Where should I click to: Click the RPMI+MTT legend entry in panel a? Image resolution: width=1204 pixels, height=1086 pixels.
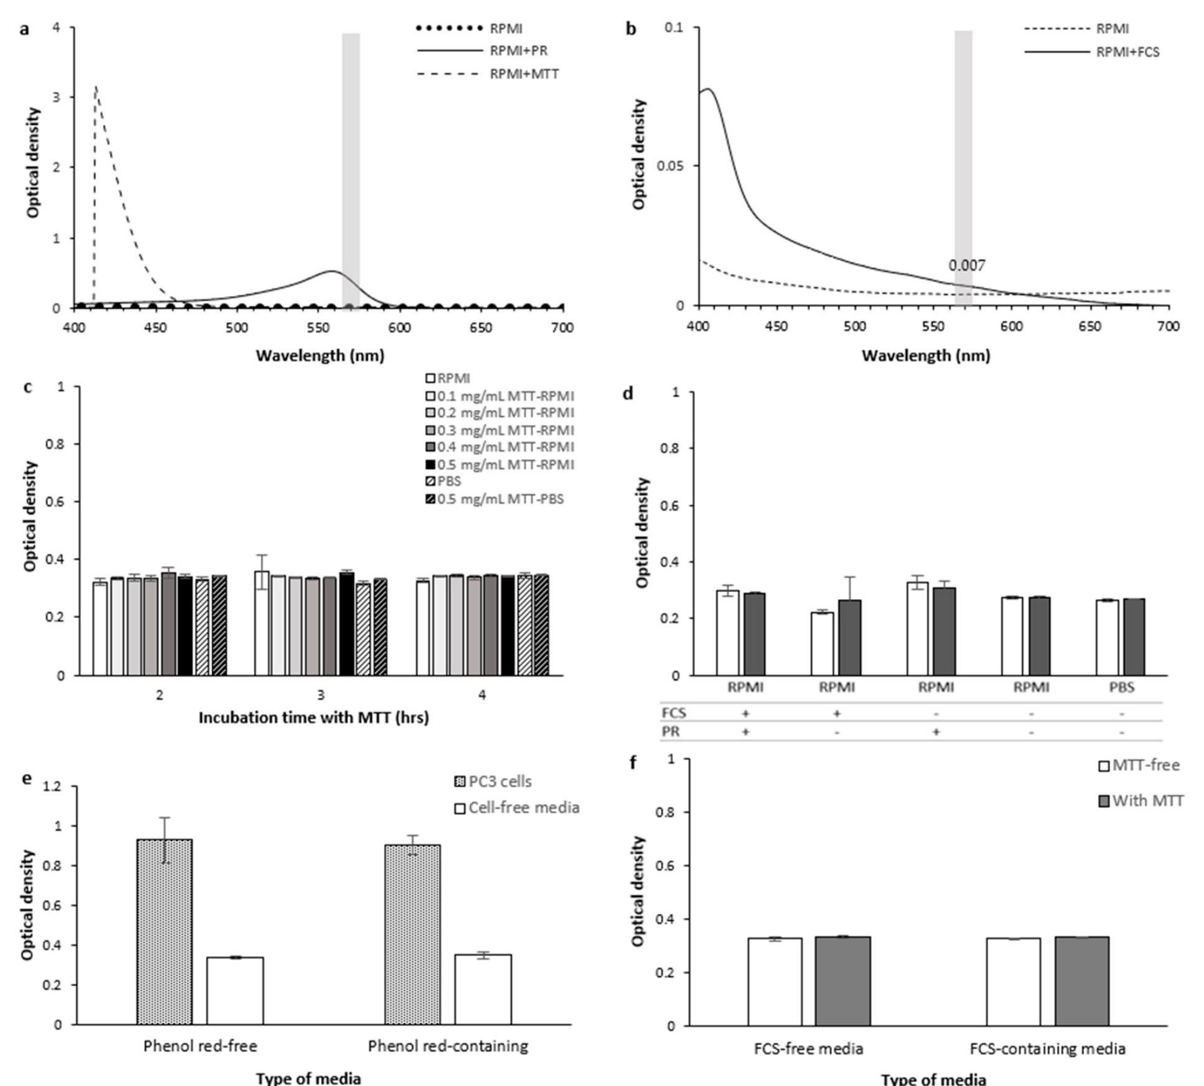tap(524, 74)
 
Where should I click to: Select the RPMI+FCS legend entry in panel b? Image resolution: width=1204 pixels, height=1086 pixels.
tap(1127, 52)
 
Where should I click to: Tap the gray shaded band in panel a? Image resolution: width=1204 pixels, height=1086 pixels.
tap(350, 168)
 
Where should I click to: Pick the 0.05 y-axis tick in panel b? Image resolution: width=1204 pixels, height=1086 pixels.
tap(670, 166)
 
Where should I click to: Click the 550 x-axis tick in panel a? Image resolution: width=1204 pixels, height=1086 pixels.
tap(318, 328)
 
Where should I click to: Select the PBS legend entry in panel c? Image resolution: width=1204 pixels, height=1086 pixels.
tap(449, 481)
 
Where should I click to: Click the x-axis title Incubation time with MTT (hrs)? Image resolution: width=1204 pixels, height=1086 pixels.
tap(314, 718)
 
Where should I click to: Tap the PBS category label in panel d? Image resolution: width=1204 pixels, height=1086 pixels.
tap(1122, 687)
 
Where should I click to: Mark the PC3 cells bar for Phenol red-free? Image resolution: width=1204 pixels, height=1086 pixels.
tap(164, 932)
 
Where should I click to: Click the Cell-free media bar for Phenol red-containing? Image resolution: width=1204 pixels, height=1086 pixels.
tap(483, 989)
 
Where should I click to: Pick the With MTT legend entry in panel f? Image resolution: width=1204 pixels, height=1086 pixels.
tap(1147, 801)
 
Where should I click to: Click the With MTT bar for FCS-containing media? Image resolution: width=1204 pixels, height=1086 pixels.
tap(1081, 981)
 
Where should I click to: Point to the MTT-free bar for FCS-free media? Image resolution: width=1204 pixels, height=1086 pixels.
tap(775, 982)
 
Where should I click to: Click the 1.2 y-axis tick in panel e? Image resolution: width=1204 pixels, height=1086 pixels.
tap(52, 787)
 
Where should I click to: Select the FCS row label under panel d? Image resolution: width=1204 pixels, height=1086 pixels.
tap(673, 713)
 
